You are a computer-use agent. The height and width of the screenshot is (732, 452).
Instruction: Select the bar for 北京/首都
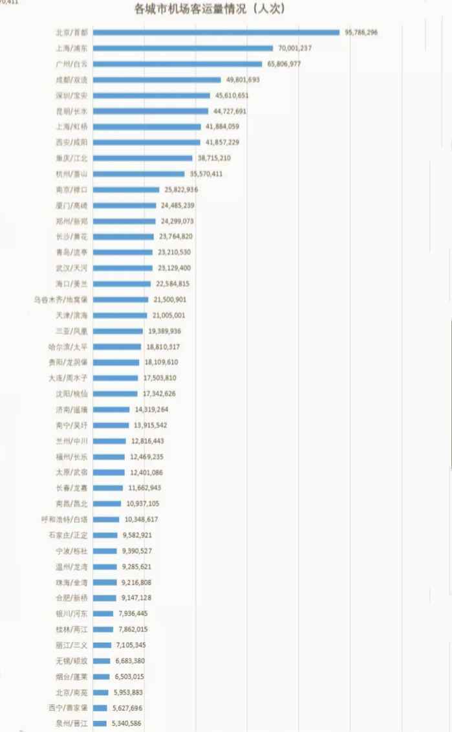pyautogui.click(x=216, y=32)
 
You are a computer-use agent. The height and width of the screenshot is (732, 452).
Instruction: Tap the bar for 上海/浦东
pyautogui.click(x=183, y=48)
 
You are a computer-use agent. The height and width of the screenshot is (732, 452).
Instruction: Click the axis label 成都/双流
pyautogui.click(x=72, y=80)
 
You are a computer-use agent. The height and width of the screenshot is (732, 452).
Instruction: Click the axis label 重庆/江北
pyautogui.click(x=72, y=158)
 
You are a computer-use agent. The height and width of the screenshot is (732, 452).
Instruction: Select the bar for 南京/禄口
pyautogui.click(x=126, y=190)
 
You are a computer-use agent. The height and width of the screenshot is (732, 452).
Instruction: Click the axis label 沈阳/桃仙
pyautogui.click(x=72, y=394)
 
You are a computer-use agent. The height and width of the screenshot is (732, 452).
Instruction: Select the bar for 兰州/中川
pyautogui.click(x=109, y=441)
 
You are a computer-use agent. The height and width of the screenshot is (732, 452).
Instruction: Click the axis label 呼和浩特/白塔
pyautogui.click(x=64, y=519)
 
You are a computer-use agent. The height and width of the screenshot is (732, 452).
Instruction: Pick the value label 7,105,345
pyautogui.click(x=132, y=645)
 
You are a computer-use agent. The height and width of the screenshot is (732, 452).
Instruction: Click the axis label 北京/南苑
pyautogui.click(x=72, y=692)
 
